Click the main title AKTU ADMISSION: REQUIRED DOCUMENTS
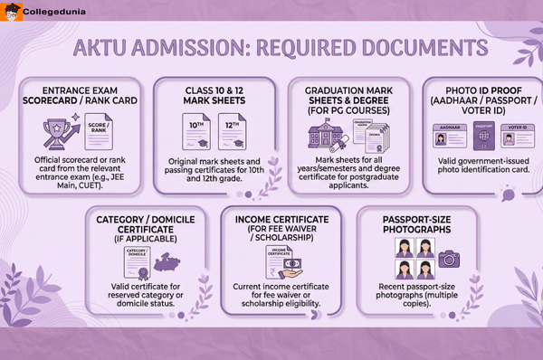[x=271, y=47]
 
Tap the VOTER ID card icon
[x=514, y=137]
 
